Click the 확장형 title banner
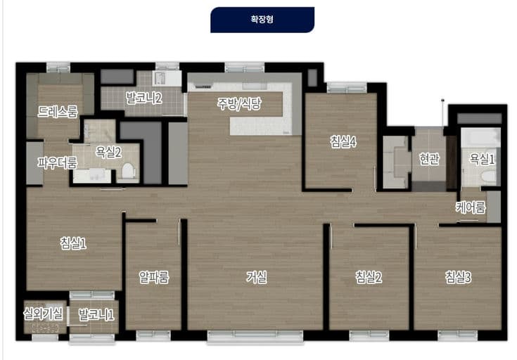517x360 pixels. click(x=262, y=20)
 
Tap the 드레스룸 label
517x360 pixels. click(x=58, y=111)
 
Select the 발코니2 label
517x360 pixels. click(x=143, y=98)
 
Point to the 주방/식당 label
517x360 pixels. click(x=239, y=104)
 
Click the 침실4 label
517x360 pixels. click(x=343, y=141)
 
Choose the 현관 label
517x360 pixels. click(x=429, y=159)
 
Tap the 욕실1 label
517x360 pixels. click(x=482, y=159)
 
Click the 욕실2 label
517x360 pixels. click(x=108, y=151)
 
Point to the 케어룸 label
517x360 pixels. click(x=471, y=207)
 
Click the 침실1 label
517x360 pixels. click(x=73, y=243)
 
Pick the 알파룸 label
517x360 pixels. click(x=153, y=277)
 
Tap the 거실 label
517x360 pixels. click(x=256, y=277)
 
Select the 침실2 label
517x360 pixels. click(x=369, y=277)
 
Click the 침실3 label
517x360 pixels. click(x=458, y=277)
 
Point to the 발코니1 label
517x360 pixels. click(x=96, y=314)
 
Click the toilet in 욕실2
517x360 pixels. click(x=127, y=172)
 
